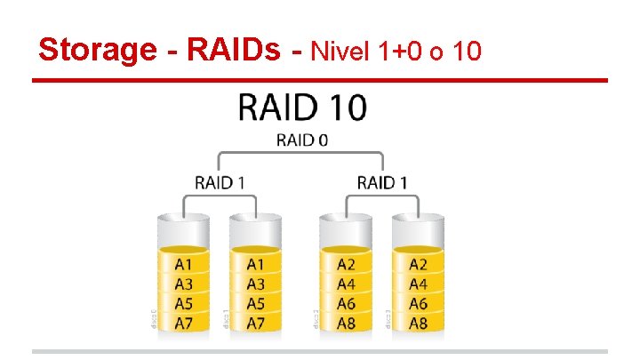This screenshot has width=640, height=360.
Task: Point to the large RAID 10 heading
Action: pyautogui.click(x=302, y=108)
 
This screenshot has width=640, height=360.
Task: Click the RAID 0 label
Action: pyautogui.click(x=302, y=140)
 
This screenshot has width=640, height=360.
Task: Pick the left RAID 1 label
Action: pyautogui.click(x=220, y=182)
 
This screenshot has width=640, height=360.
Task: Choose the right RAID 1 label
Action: pyautogui.click(x=382, y=182)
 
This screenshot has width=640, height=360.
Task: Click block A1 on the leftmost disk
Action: pyautogui.click(x=182, y=264)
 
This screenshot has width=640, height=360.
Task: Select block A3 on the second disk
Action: pyautogui.click(x=255, y=284)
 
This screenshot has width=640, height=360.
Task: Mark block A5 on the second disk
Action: pyautogui.click(x=255, y=304)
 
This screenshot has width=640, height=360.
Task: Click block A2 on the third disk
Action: pyautogui.click(x=345, y=264)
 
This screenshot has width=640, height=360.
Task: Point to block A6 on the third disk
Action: pyautogui.click(x=345, y=304)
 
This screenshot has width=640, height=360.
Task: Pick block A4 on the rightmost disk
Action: pyautogui.click(x=418, y=284)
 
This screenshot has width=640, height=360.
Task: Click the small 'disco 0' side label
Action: pyautogui.click(x=153, y=318)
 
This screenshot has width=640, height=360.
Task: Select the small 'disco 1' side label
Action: pyautogui.click(x=226, y=318)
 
